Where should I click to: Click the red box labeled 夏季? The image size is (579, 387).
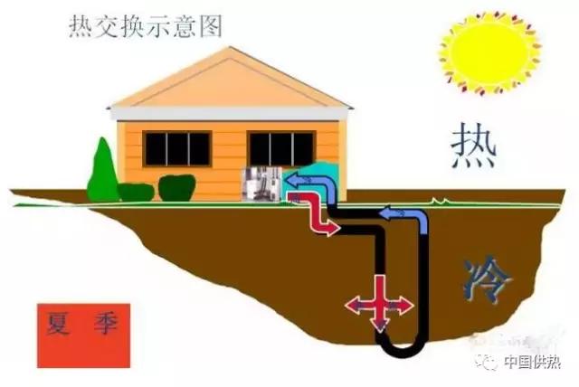[x=83, y=335]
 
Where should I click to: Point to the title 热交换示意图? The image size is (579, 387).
[x=145, y=27]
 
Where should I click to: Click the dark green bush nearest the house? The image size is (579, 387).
[x=176, y=187]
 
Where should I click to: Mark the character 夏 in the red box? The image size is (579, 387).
[x=62, y=326]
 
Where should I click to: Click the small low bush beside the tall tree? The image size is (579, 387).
[x=136, y=192]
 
